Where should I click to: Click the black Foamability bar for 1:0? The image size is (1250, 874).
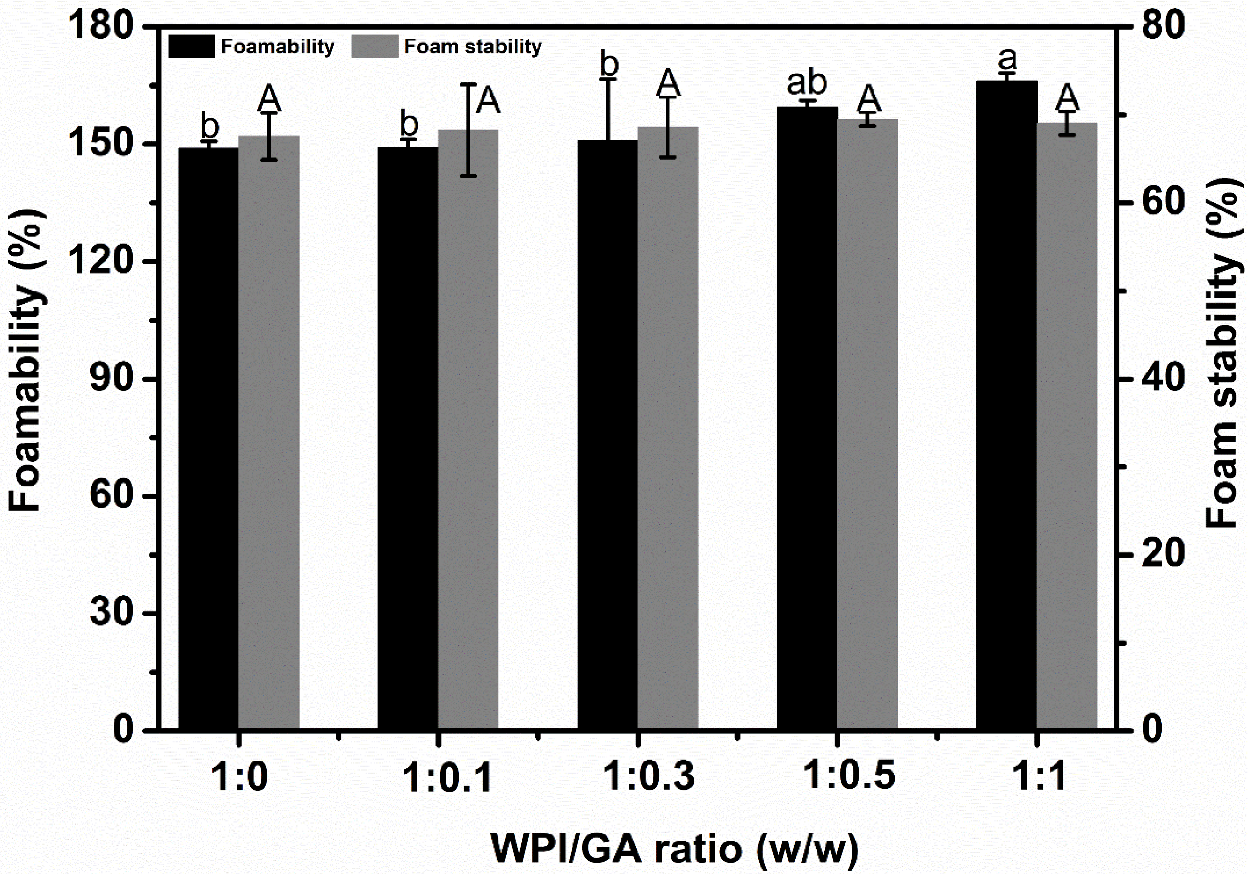209,438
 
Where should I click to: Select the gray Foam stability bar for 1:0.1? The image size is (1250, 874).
468,429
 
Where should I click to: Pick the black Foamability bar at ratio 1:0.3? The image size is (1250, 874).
608,434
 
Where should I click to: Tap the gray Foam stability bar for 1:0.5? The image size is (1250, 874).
867,423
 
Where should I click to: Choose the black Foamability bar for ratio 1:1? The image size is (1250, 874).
1006,405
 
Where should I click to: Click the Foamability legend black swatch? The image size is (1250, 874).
192,47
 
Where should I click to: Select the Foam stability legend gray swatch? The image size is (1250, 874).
375,47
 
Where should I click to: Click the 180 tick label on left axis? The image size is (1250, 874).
102,26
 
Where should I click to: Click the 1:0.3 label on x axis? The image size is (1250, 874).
649,776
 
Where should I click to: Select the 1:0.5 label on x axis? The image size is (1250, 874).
850,775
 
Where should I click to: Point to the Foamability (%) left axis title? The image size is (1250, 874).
25,360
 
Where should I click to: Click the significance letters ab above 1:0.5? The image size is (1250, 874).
807,83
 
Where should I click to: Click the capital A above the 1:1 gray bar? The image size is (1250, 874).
1068,97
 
